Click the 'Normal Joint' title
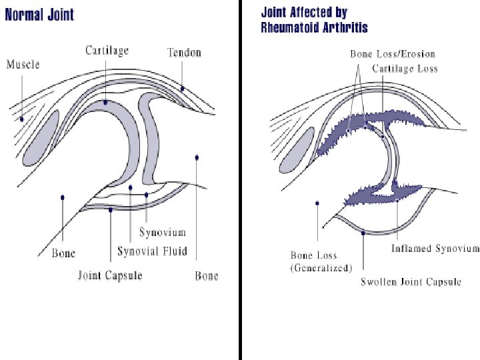tap(40, 14)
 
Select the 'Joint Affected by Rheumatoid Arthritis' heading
tap(314, 20)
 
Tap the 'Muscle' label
tap(23, 65)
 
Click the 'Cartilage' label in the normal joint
tap(107, 50)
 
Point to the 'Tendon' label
tap(184, 52)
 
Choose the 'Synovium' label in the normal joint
tap(162, 233)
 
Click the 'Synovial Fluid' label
tap(152, 251)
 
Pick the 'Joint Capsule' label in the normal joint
tap(110, 275)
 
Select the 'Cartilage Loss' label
tap(405, 69)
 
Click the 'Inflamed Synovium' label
tap(435, 249)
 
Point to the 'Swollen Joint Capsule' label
tap(411, 281)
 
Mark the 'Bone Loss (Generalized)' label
tap(321, 261)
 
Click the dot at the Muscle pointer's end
tap(21, 119)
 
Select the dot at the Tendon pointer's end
tap(182, 88)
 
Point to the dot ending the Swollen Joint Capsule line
tap(363, 233)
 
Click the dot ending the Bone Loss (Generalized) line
tap(317, 203)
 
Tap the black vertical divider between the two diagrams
tap(239, 180)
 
